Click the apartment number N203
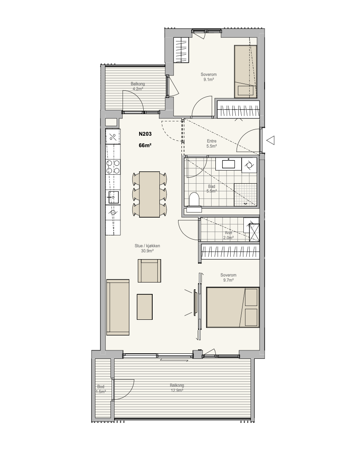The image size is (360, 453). click(145, 134)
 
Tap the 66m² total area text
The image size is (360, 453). click(145, 145)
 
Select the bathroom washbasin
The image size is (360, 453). click(229, 164)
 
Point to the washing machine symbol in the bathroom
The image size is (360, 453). click(249, 165)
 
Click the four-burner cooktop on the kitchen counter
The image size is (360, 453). click(113, 167)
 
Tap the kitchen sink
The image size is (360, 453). click(113, 198)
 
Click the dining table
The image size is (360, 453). click(149, 194)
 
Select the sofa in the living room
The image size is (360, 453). click(117, 308)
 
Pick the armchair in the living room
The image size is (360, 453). click(149, 271)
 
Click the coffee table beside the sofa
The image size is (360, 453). click(145, 307)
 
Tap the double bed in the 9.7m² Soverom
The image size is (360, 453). click(233, 308)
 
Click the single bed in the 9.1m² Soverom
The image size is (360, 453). click(245, 71)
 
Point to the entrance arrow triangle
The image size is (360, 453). click(270, 140)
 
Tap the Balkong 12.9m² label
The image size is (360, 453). click(177, 388)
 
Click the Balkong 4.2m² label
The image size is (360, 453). click(137, 87)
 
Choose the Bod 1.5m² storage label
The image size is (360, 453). click(100, 389)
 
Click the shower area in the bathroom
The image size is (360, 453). click(245, 195)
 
